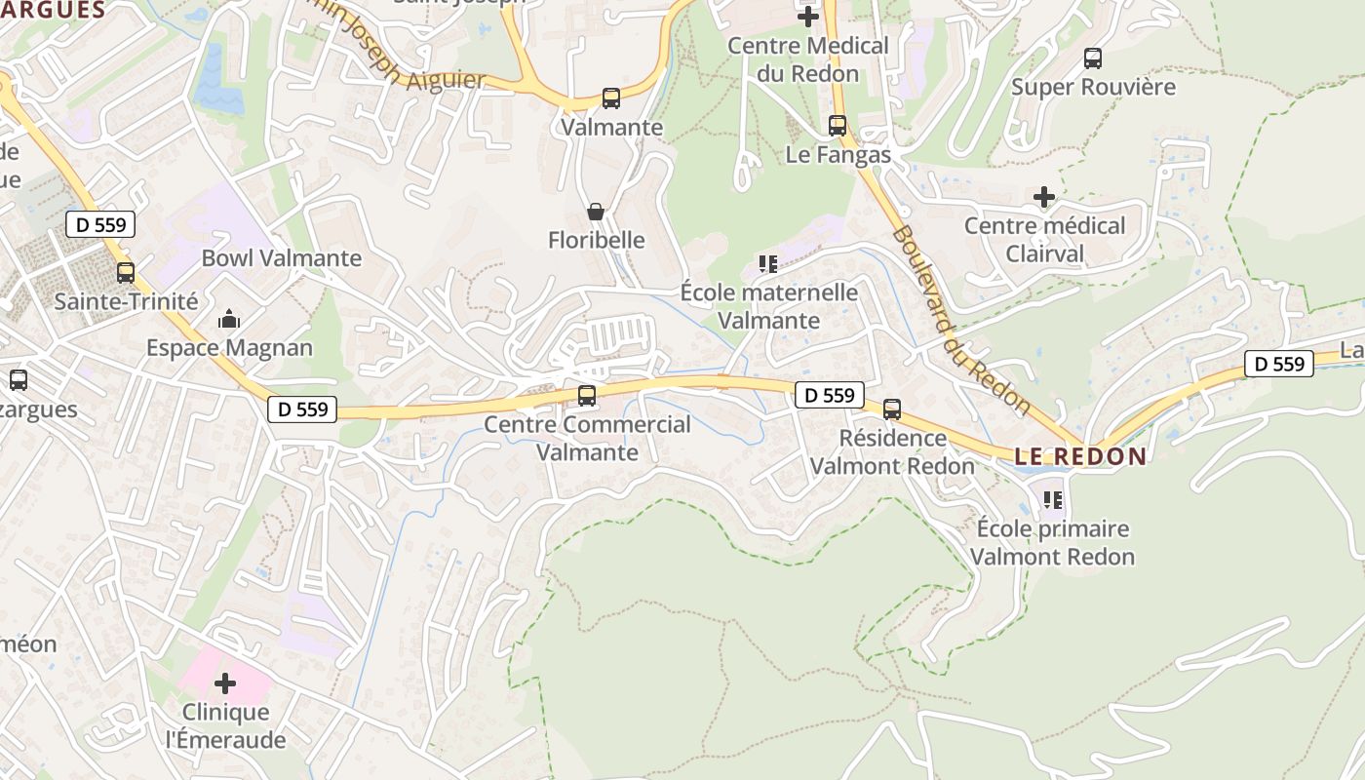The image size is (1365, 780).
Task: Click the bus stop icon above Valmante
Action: (x=611, y=98)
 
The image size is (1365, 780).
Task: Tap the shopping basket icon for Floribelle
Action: (x=596, y=212)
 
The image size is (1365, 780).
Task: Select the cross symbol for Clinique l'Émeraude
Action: (x=225, y=683)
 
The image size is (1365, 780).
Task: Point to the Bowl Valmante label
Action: (x=281, y=258)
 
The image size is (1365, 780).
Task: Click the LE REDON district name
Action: (x=1081, y=456)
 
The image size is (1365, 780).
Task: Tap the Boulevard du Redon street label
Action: (x=960, y=319)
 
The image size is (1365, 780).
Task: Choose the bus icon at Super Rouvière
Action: (x=1093, y=58)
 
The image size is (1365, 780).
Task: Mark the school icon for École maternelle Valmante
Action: (x=768, y=263)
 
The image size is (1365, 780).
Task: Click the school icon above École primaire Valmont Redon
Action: (x=1052, y=500)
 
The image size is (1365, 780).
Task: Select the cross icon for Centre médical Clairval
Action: (x=1044, y=197)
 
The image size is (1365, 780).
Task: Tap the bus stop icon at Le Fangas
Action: (x=838, y=126)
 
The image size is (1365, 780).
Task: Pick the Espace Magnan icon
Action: (x=229, y=319)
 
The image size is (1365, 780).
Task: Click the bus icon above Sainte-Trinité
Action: (x=126, y=273)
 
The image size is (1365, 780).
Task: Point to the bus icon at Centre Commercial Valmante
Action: (x=587, y=396)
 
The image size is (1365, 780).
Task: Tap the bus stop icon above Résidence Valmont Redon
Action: (x=892, y=409)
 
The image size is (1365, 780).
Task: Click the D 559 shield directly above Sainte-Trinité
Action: (x=100, y=225)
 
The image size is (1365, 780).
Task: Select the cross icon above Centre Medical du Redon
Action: (x=808, y=17)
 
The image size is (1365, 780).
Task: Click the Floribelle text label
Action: (x=597, y=240)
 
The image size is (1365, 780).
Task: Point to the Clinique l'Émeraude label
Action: (x=226, y=725)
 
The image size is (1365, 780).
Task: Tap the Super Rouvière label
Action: (x=1093, y=87)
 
